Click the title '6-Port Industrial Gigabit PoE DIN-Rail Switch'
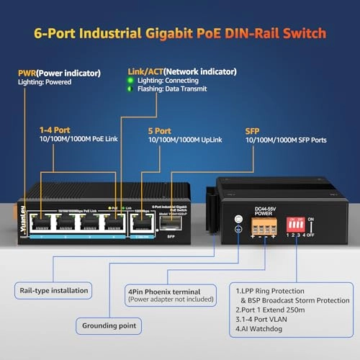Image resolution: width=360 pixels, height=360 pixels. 180,33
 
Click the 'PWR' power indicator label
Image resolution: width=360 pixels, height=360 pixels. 28,72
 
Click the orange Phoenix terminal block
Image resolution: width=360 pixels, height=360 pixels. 264,227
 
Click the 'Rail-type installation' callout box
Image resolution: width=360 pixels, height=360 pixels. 52,291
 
